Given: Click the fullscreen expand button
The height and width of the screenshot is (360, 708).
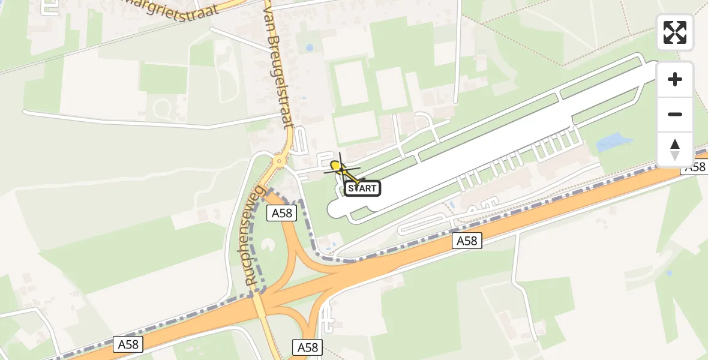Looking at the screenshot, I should pos(675,32).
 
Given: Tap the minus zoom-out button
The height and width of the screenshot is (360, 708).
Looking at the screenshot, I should pos(675,114).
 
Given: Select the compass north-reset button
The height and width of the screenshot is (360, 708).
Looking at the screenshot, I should pos(675,149).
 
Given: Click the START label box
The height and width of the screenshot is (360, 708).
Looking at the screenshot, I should pos(362,188).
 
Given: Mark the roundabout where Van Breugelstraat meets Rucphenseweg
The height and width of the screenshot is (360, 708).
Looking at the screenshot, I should pos(279,161).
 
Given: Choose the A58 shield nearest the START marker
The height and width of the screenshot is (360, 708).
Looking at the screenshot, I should pos(283,213).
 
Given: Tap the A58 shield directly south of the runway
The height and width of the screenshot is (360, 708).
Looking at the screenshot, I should pos(466,241).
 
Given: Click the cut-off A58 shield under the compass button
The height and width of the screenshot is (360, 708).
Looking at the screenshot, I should pos(695,167).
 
